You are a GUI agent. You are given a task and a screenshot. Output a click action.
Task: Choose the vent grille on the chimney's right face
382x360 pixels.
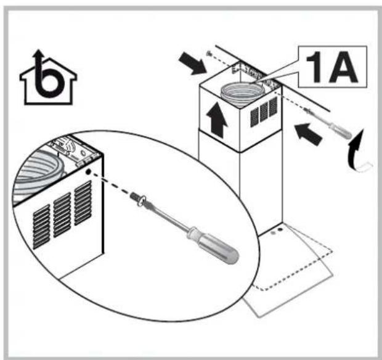262,112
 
